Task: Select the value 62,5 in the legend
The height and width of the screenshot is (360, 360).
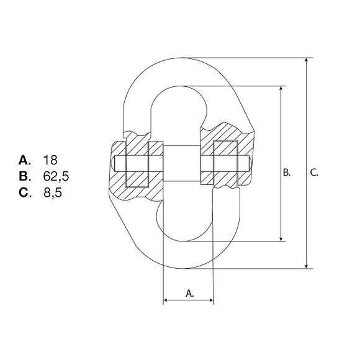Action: [55, 176]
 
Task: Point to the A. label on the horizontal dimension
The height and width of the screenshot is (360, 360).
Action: [190, 294]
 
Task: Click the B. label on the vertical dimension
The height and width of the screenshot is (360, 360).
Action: [287, 172]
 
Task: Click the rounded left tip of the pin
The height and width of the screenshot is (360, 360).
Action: [115, 164]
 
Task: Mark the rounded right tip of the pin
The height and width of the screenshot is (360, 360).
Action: [248, 164]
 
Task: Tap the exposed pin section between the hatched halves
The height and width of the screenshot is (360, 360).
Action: [181, 164]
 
